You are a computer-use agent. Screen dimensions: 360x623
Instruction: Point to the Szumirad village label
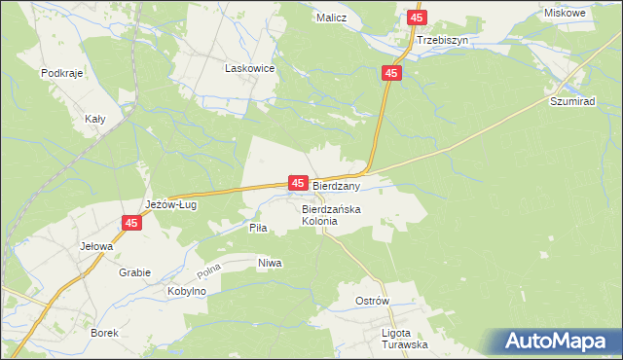pos(573,101)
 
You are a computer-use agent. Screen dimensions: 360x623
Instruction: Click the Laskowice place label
pos(250,69)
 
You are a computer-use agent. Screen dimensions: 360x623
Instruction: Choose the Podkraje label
pos(59,73)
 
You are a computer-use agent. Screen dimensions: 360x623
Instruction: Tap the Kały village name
pos(95,118)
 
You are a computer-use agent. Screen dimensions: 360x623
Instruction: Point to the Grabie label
pos(135,272)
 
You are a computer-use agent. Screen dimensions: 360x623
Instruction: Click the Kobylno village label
pos(187,292)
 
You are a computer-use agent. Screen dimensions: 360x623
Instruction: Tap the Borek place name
pos(104,333)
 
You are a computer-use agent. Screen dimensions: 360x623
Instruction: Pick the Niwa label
pos(270,264)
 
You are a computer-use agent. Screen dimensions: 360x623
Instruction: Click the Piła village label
pos(257,227)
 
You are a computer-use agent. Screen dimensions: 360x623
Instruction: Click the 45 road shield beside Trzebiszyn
pos(417,18)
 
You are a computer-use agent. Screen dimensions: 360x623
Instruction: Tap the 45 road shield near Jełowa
pos(132,223)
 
